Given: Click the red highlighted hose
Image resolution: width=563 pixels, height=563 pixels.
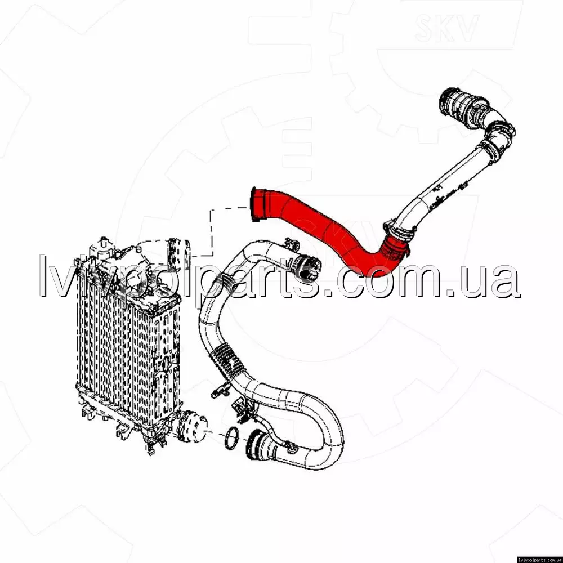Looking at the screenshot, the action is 323,230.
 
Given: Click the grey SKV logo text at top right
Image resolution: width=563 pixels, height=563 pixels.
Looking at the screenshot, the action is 446,27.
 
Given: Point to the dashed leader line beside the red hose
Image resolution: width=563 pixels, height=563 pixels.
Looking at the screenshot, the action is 211,230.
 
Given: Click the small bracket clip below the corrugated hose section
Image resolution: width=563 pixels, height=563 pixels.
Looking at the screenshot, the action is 221,390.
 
